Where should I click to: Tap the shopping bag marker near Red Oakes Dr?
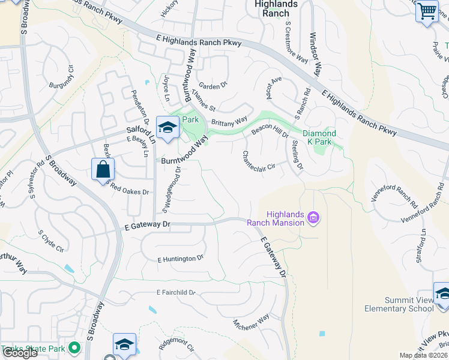click(103, 169)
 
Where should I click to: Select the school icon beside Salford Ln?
click(166, 127)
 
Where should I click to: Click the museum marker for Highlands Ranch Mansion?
click(313, 217)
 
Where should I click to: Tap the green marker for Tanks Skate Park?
click(74, 347)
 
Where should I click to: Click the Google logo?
click(19, 353)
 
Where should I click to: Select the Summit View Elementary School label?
click(399, 304)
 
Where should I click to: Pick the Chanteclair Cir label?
click(258, 161)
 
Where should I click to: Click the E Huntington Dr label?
click(180, 259)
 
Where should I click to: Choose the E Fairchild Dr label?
click(176, 292)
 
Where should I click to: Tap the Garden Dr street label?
click(213, 85)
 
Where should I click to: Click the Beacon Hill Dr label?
click(270, 129)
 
